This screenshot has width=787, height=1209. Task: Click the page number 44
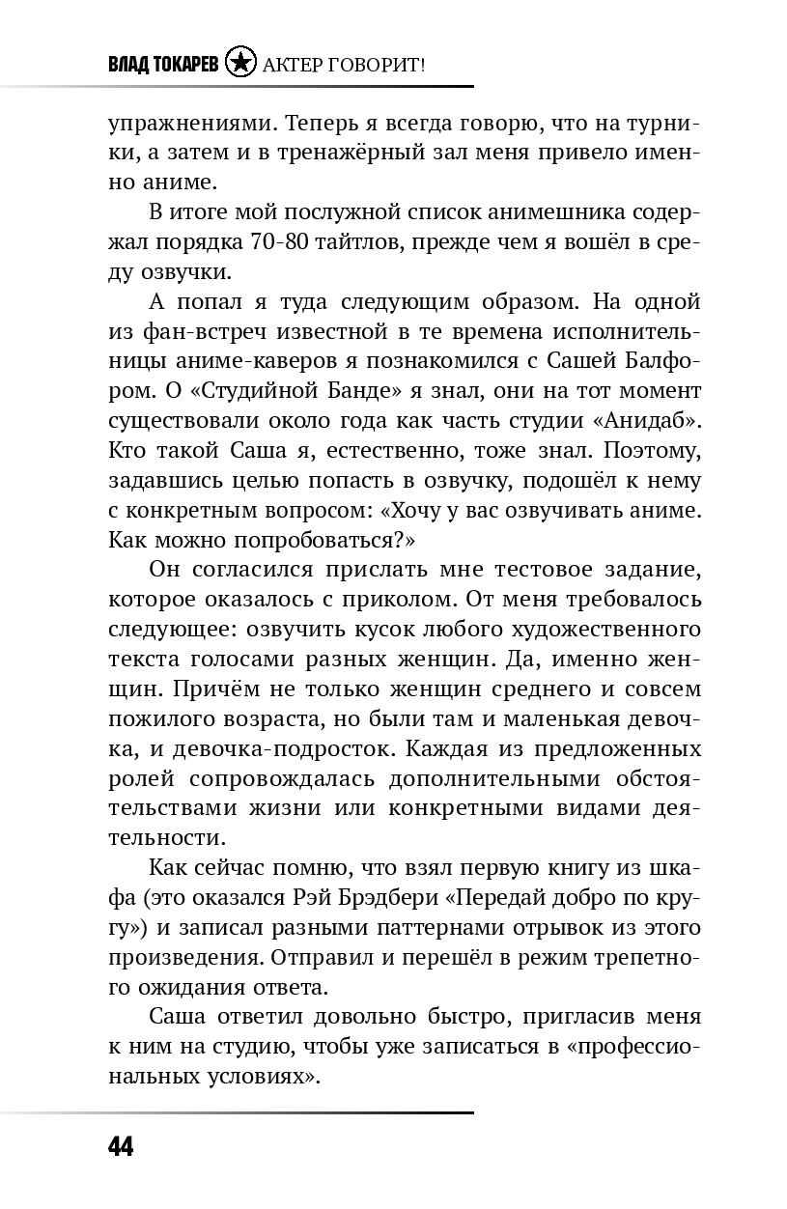tap(120, 1146)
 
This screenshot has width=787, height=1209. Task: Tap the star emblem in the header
tap(240, 64)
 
